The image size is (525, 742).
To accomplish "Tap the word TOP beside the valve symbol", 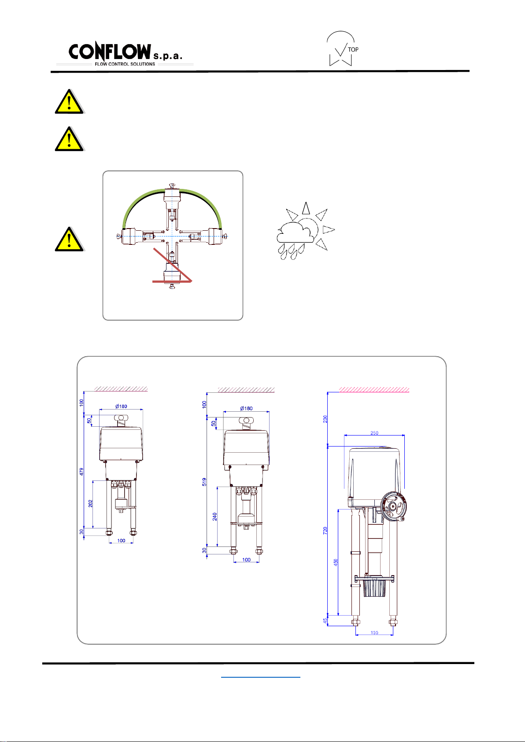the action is click(353, 49).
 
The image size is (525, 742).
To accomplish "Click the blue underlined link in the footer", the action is click(261, 677).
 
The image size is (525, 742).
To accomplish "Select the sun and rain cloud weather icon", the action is click(305, 231).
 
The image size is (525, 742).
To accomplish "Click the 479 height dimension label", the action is click(81, 472).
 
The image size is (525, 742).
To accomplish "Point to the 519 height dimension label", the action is click(204, 482).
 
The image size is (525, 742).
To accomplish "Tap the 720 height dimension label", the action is click(325, 530).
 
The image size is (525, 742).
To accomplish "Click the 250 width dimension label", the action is click(374, 432).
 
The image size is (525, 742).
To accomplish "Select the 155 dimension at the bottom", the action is click(374, 632).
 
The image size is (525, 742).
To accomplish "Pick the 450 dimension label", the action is click(336, 562).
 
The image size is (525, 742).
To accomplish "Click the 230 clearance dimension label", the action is click(325, 419).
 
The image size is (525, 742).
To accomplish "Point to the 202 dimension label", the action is click(90, 503).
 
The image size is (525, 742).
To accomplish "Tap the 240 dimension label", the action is click(214, 517).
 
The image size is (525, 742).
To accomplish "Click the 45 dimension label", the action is click(325, 620).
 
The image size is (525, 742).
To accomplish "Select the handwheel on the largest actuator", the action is click(393, 506).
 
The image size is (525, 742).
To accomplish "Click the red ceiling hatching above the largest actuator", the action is click(374, 390).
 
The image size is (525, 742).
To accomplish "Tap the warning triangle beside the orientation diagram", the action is click(69, 239).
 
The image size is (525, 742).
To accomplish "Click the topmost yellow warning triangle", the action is click(69, 102).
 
